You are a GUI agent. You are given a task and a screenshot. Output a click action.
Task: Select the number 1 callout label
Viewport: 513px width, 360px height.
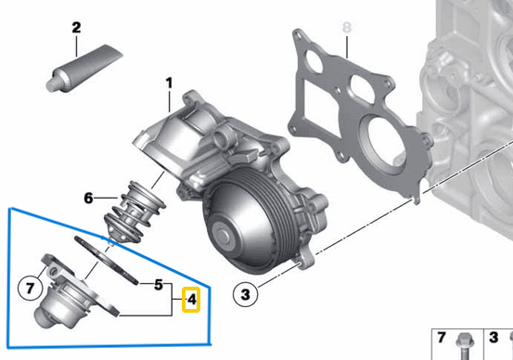point(170,84)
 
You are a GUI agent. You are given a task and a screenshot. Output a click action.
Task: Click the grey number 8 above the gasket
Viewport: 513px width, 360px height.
point(347,28)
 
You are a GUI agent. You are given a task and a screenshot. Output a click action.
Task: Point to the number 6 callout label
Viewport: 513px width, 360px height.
point(89,198)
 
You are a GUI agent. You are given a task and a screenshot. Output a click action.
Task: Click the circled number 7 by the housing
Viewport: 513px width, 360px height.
point(30,288)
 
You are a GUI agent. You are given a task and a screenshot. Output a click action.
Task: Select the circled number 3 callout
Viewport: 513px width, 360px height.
point(245,296)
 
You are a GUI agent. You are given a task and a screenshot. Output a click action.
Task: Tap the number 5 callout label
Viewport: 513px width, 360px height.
point(159,284)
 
